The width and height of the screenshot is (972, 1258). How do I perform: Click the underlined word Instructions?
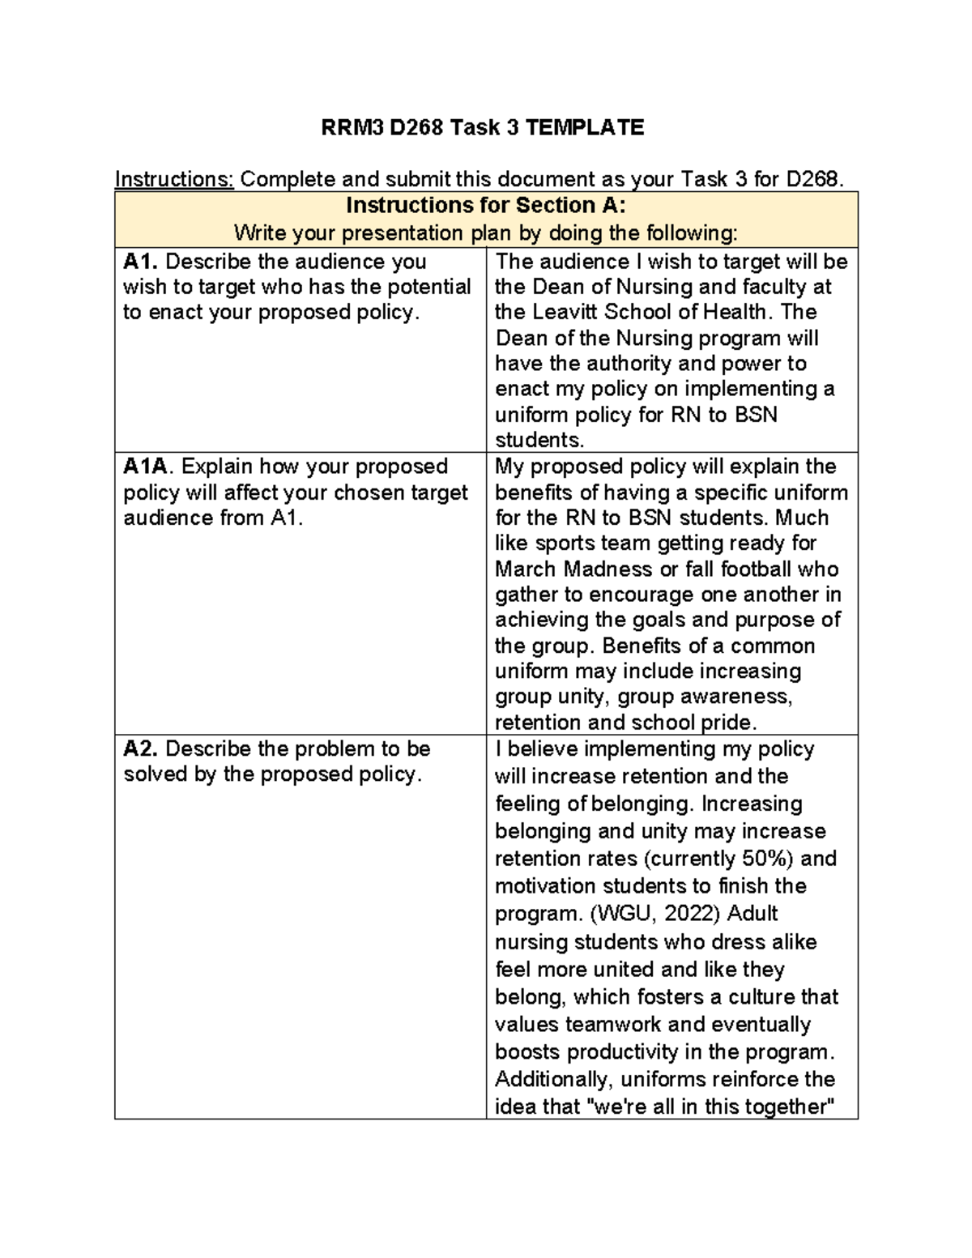pos(174,178)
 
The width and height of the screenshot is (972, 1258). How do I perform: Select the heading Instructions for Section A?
pos(486,205)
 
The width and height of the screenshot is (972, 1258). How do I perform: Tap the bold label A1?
pos(141,262)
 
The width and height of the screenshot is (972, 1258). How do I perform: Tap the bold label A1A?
pos(148,467)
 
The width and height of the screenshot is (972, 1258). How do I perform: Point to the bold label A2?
pos(141,748)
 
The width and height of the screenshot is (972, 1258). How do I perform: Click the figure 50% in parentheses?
pos(766,859)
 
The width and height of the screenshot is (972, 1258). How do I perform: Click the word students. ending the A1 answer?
pos(539,441)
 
